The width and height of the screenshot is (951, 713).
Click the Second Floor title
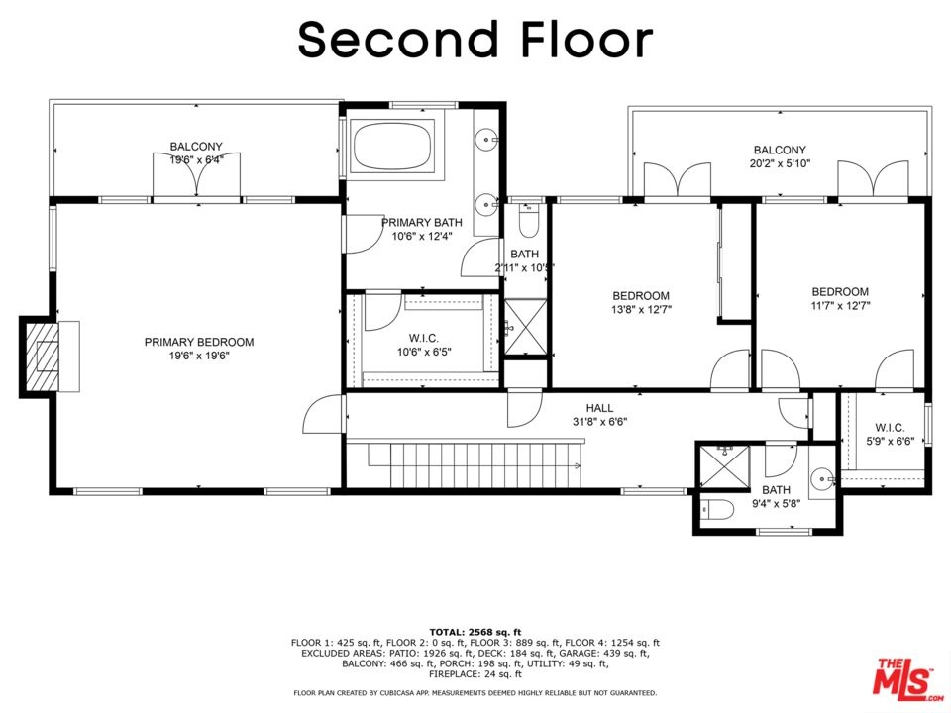point(475,40)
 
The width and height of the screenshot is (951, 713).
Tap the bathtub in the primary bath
point(392,147)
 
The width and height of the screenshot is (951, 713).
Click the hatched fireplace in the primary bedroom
point(40,357)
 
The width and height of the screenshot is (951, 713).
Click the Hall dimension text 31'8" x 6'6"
point(599,422)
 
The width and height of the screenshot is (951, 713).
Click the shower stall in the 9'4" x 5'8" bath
point(724,466)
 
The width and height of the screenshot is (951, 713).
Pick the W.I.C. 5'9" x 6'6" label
point(890,434)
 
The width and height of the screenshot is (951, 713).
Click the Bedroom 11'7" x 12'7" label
point(840,298)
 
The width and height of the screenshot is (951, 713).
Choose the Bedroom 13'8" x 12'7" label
point(641,303)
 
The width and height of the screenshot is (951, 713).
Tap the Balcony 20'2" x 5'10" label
point(780,155)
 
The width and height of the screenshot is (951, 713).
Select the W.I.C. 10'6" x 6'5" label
point(424,345)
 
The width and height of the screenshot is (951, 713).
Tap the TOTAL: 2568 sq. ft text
point(475,633)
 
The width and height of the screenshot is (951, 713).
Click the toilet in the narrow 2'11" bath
point(529,222)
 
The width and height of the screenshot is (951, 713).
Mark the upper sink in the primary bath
point(487,140)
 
